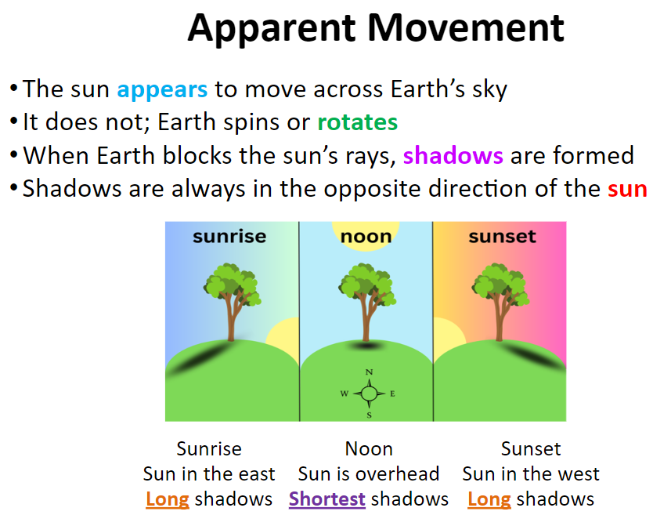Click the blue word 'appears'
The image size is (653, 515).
(x=162, y=90)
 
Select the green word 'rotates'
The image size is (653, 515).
(x=357, y=122)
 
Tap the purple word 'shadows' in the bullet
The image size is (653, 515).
(x=453, y=155)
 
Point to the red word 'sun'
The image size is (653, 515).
(x=627, y=190)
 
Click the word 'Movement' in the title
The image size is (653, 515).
(x=466, y=28)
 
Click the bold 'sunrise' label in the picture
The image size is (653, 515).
(x=229, y=237)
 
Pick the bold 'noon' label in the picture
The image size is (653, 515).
(x=366, y=237)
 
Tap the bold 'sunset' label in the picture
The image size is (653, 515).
(x=502, y=237)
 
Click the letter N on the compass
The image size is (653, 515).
(x=369, y=372)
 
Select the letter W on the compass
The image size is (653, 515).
(x=344, y=394)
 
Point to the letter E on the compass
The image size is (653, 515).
(x=392, y=394)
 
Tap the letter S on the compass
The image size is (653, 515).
(x=369, y=415)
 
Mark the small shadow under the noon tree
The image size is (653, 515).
(x=367, y=346)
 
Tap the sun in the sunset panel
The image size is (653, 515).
(x=448, y=335)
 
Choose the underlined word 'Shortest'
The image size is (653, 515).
(x=327, y=499)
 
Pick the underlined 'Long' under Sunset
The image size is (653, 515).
(x=489, y=499)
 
